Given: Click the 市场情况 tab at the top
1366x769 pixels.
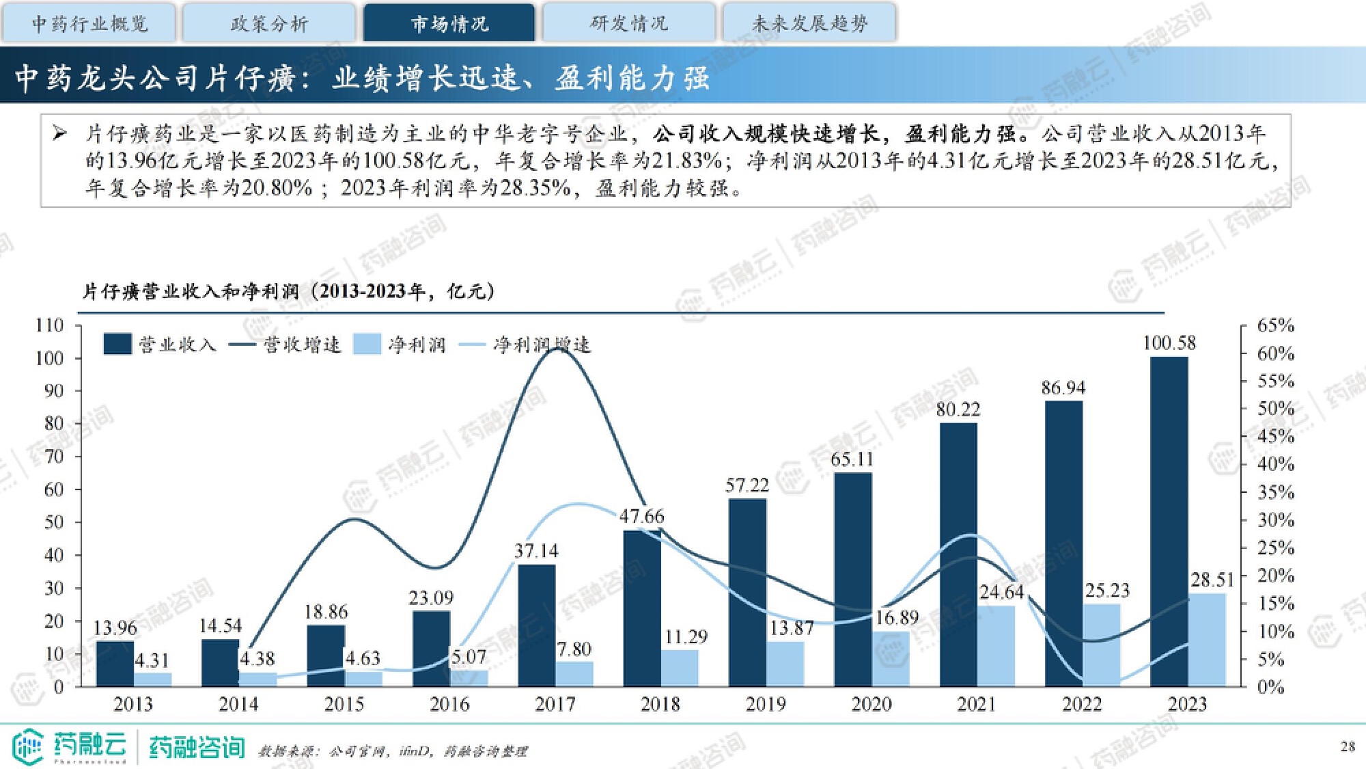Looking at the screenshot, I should (449, 23).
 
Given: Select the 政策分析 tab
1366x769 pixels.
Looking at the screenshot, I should (269, 23).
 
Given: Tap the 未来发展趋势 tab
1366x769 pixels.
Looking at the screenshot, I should (809, 23).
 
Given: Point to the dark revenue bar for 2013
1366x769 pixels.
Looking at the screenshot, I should (115, 663).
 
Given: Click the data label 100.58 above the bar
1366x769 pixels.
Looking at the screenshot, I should (1169, 343).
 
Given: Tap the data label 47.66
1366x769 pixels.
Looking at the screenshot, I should (641, 516).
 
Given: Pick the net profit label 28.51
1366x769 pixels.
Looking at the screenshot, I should (1212, 580).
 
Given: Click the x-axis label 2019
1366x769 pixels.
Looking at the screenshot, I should (766, 704).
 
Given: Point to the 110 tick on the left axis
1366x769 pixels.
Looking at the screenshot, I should (49, 325).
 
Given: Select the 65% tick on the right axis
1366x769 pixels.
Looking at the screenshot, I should (1275, 325).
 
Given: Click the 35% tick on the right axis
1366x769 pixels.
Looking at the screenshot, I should (1275, 492).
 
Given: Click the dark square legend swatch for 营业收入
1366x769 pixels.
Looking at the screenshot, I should (117, 344).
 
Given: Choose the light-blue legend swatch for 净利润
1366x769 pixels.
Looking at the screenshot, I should (367, 344).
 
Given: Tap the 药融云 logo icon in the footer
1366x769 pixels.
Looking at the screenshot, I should (27, 746).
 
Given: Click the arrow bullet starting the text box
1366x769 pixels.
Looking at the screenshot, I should (60, 133).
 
